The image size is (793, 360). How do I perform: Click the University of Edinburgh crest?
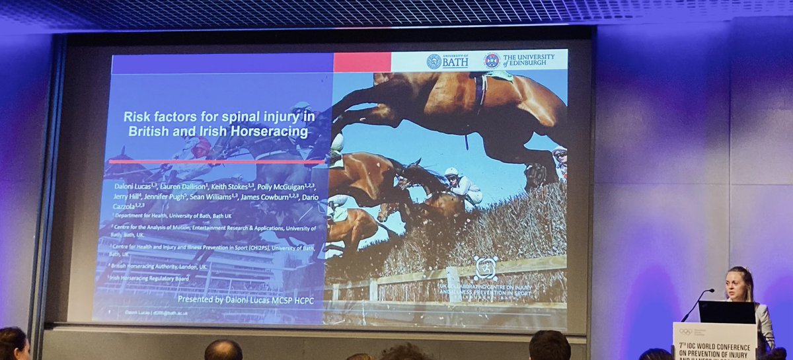click(x=492, y=61)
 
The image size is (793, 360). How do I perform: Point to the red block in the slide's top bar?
click(x=362, y=62)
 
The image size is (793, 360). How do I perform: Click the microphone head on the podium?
click(x=710, y=290)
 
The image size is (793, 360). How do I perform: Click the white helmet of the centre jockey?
click(x=451, y=172)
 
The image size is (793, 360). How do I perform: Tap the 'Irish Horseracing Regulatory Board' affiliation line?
click(x=150, y=278)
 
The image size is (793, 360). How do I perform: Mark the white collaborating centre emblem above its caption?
click(x=486, y=268)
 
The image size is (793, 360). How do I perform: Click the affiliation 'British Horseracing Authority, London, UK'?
click(x=161, y=266)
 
